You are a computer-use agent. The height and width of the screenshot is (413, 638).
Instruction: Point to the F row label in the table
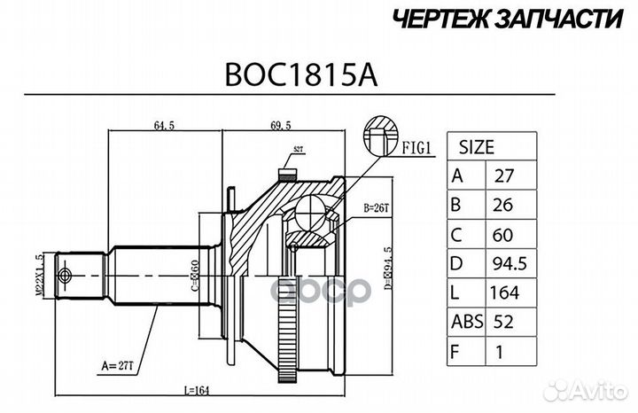[458, 351]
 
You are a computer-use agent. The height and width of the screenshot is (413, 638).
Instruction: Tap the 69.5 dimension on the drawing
[282, 126]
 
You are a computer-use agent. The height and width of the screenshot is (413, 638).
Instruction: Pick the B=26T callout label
[377, 209]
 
